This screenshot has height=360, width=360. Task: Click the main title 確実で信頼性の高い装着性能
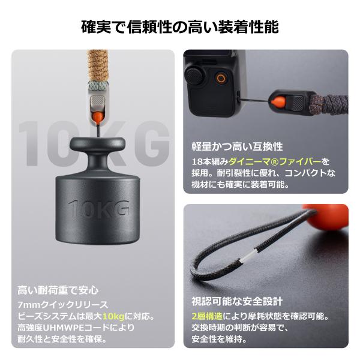[180, 27]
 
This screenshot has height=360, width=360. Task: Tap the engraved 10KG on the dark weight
[99, 208]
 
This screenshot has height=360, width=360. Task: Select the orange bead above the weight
[98, 118]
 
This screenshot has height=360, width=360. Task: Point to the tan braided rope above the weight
[97, 67]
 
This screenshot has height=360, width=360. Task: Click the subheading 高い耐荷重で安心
[58, 290]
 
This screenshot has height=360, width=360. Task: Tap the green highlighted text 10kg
[113, 316]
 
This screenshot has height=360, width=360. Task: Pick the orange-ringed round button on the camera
[221, 78]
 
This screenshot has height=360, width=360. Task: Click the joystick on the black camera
[196, 74]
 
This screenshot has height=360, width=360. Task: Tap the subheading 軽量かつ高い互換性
[237, 147]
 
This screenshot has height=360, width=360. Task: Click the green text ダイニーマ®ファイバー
[275, 161]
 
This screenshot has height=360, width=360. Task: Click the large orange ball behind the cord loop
[326, 217]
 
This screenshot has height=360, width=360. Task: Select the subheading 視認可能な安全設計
[237, 302]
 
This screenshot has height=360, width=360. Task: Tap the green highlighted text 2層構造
[208, 316]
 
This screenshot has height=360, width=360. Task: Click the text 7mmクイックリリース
[63, 305]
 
